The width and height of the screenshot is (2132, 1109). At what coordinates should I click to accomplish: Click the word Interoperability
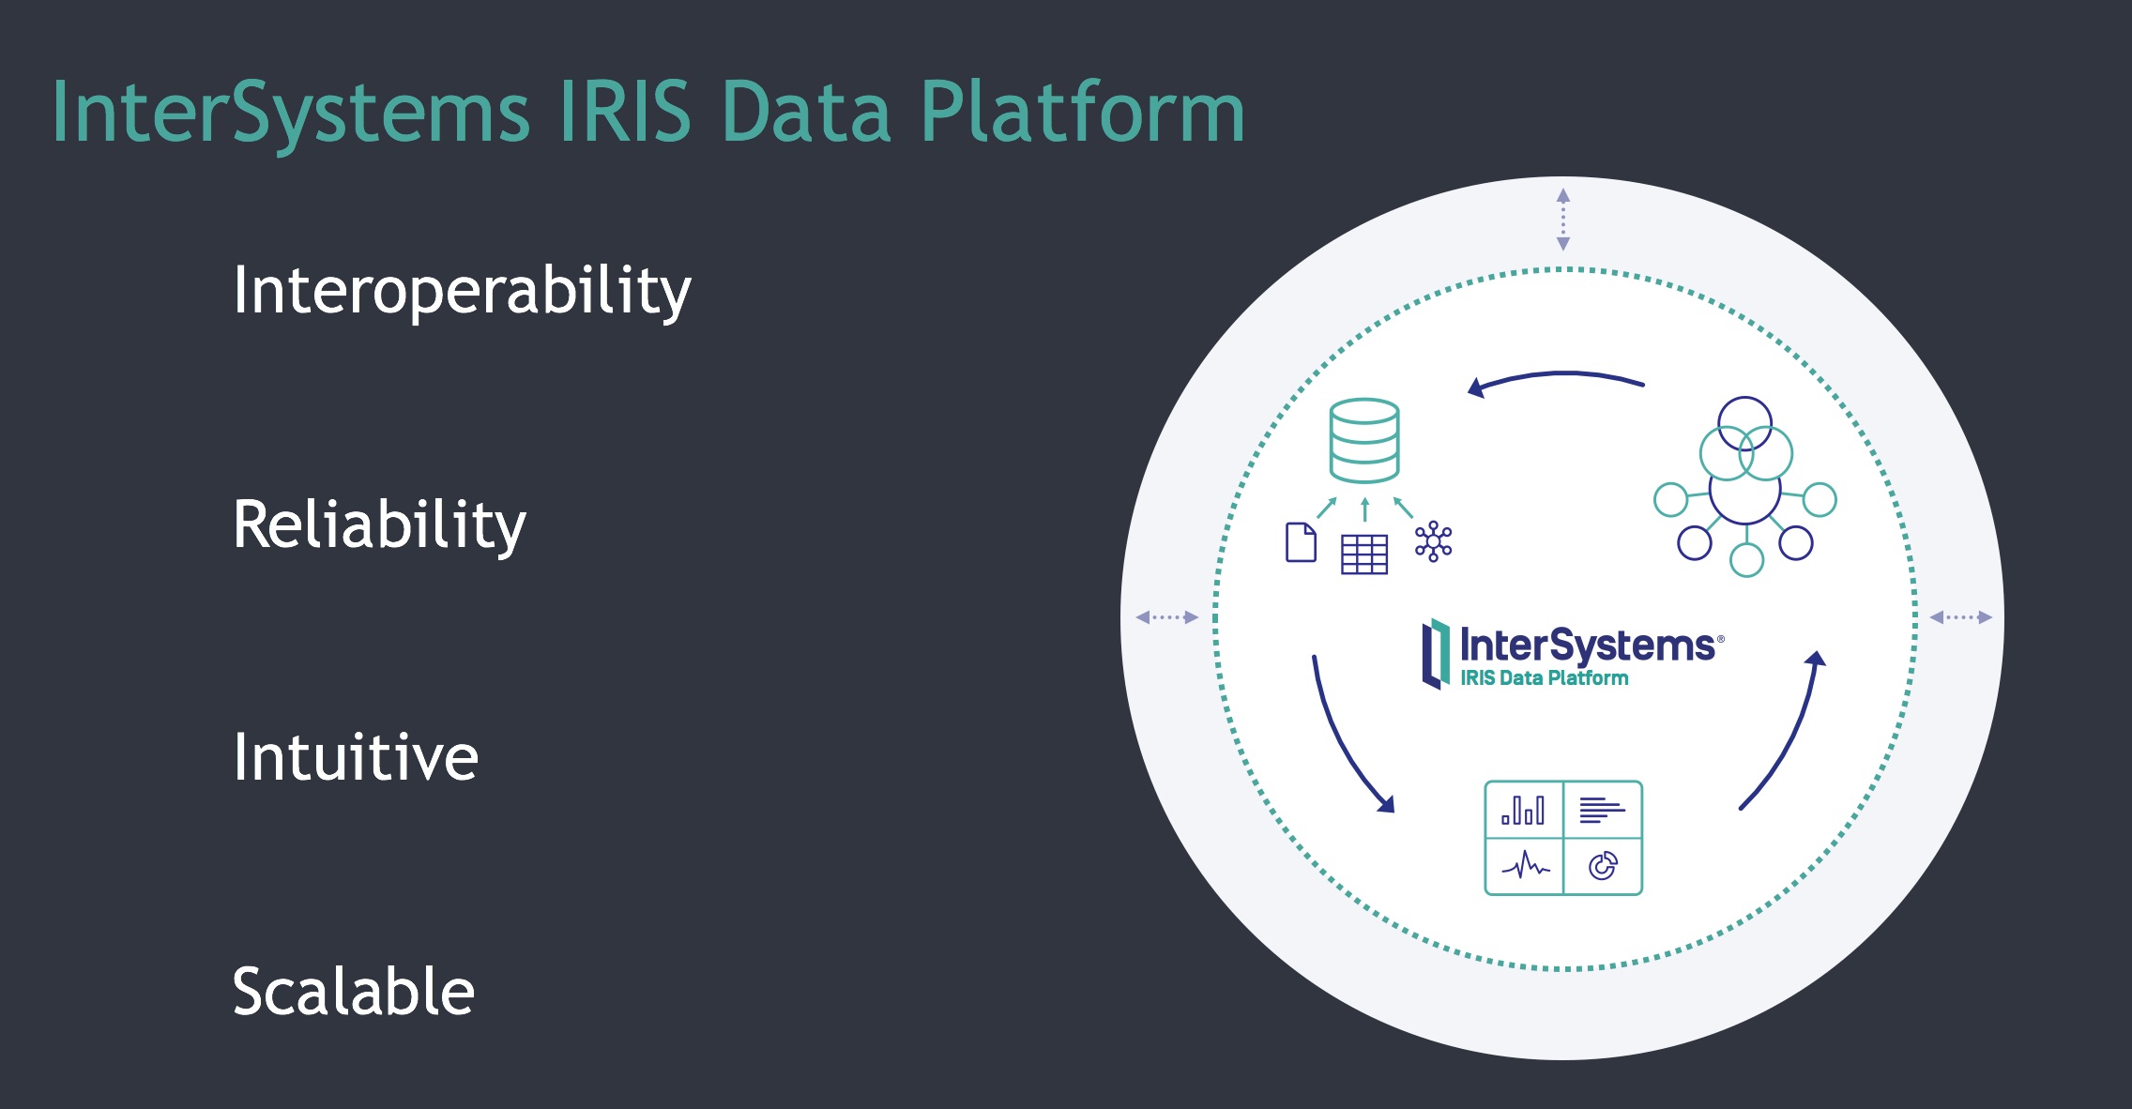tap(462, 291)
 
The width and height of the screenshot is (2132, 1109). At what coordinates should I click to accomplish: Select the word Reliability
tap(379, 524)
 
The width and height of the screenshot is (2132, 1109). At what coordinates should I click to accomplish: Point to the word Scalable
tap(353, 991)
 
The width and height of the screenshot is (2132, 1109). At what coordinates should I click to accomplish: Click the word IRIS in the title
tap(625, 112)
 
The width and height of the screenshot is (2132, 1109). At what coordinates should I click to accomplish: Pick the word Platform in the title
tap(1082, 112)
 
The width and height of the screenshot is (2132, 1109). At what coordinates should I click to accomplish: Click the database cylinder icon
tap(1364, 441)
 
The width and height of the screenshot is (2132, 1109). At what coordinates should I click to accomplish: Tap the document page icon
tap(1301, 542)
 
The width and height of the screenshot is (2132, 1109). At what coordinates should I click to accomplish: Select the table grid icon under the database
tap(1364, 554)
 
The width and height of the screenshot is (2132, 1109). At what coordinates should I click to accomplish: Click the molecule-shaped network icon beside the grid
tap(1434, 541)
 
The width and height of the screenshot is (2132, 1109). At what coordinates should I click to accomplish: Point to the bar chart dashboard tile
tap(1524, 810)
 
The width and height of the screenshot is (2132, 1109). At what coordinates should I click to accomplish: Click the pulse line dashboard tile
tap(1525, 866)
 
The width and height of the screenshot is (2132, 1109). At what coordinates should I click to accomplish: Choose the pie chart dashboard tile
tap(1603, 866)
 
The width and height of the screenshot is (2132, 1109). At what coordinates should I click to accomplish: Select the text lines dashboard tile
tap(1603, 810)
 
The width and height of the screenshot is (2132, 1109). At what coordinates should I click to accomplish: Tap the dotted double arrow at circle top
tap(1563, 220)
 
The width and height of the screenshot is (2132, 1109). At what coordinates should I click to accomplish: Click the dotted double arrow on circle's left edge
tap(1167, 617)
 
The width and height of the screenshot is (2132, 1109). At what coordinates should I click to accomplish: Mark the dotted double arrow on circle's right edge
tap(1961, 617)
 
